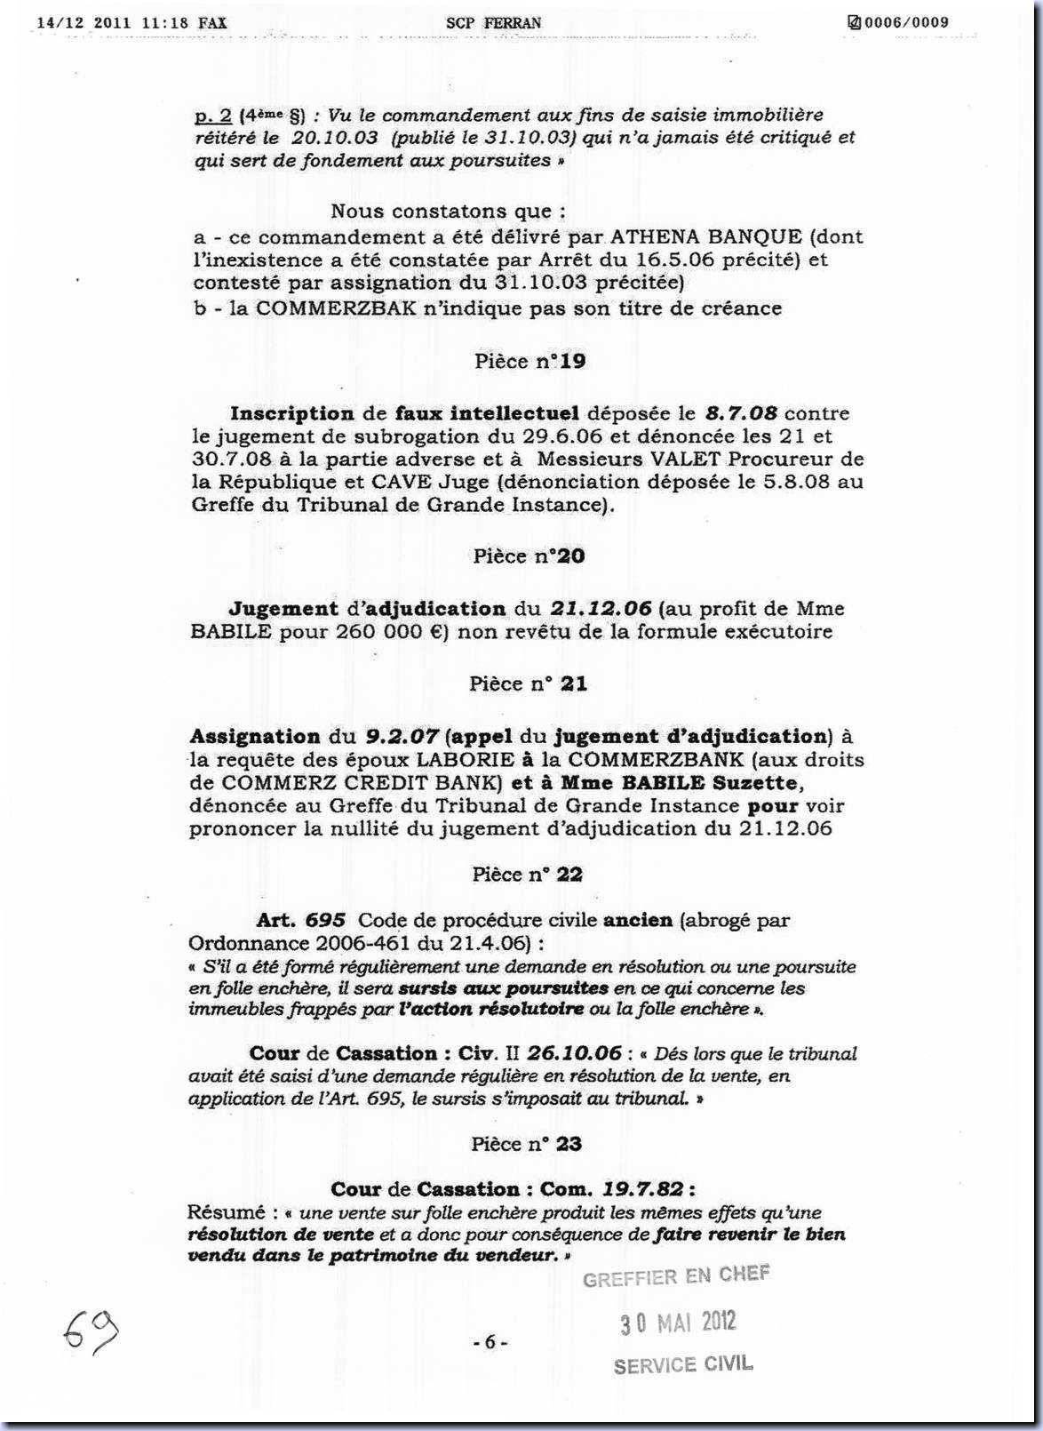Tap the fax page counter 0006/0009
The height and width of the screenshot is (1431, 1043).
point(905,22)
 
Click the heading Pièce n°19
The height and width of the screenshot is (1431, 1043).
point(529,362)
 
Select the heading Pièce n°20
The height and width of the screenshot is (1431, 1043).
point(529,556)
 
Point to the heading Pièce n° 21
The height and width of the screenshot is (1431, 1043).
point(528,684)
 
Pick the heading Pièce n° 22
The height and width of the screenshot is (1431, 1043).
point(528,875)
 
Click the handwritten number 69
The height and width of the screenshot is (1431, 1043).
point(90,1330)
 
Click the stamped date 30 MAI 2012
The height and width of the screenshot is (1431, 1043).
point(678,1322)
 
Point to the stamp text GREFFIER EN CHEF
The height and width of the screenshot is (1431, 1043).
point(676,1276)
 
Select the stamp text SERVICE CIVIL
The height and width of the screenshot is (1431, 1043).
point(682,1364)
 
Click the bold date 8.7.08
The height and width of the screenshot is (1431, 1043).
point(741,413)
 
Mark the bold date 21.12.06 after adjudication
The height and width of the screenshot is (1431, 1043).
point(601,609)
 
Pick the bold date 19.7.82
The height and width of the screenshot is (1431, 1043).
point(645,1189)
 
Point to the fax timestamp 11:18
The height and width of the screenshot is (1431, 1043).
point(164,23)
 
